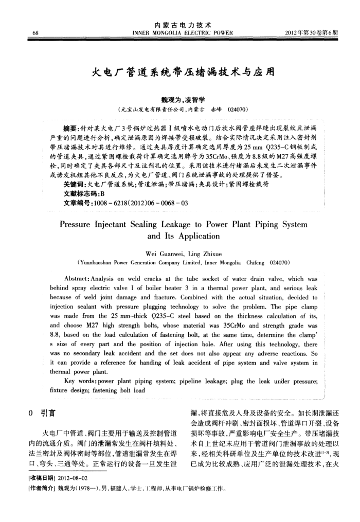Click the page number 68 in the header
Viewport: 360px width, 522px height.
(x=34, y=34)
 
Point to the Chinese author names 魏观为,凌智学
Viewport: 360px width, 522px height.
(x=179, y=101)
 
